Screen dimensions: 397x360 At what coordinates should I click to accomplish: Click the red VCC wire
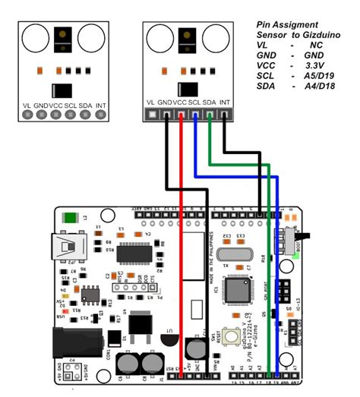181,228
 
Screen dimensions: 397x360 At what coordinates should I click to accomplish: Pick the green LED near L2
71,217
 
